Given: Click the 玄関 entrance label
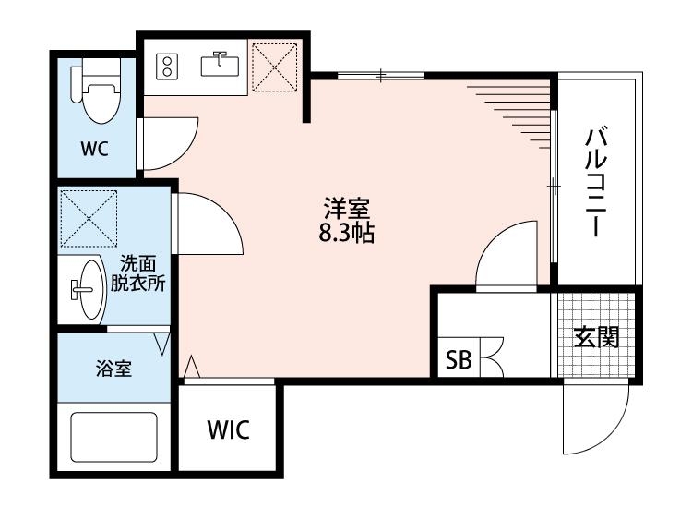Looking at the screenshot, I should click(x=596, y=338).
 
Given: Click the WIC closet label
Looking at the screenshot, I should click(x=227, y=429).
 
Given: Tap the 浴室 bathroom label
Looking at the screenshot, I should click(x=113, y=369).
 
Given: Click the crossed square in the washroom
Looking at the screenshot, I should click(x=88, y=219).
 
